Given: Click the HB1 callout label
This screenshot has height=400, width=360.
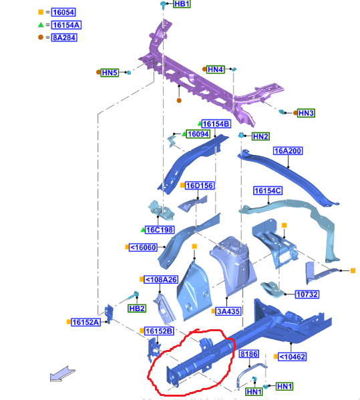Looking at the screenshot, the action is click(182, 4).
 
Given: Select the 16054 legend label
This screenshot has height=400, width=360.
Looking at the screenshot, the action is click(63, 12).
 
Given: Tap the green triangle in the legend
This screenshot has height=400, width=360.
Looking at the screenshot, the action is click(41, 25).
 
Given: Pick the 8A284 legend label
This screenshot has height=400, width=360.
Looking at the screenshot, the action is click(64, 37).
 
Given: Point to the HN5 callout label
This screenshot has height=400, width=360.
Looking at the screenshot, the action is click(110, 73).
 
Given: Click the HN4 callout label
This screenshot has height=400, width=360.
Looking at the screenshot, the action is click(216, 69).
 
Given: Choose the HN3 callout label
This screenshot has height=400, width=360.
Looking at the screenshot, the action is click(306, 113).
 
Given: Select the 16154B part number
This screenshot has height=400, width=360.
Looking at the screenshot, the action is click(216, 124).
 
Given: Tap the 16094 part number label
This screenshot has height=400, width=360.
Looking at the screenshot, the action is click(198, 134).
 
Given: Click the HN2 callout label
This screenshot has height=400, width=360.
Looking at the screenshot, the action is click(260, 136).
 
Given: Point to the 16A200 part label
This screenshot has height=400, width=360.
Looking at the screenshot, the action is click(288, 151).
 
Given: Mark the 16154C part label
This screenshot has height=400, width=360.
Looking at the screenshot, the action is click(268, 190).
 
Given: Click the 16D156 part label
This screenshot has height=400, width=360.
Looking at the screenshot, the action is click(200, 186).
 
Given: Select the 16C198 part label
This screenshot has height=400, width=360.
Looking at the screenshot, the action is click(160, 230).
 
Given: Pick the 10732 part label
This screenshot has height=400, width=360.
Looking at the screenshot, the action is click(307, 294).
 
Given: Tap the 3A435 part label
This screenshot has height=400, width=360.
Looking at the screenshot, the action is click(228, 311).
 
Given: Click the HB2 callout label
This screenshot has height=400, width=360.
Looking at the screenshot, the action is click(137, 309).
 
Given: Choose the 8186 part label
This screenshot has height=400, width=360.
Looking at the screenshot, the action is click(249, 354).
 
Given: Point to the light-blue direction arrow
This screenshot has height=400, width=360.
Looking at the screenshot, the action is click(63, 374).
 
